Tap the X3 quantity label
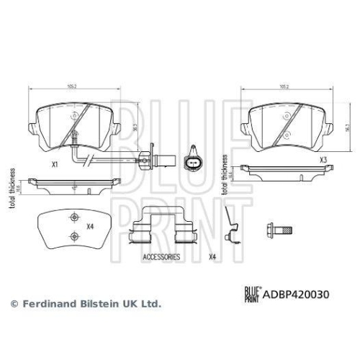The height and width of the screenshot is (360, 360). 323,160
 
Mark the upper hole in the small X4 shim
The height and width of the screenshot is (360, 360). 71,219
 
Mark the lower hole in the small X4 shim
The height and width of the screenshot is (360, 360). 71,237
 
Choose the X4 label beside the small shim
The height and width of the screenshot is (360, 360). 90,228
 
